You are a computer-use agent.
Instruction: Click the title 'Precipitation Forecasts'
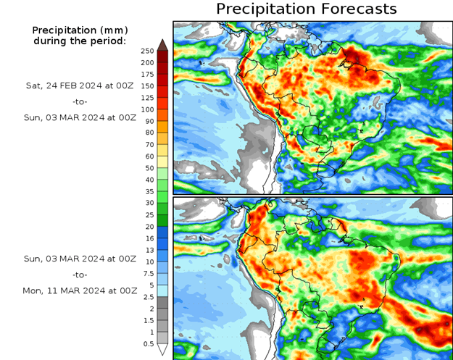click(x=307, y=9)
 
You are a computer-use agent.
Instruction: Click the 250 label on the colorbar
click(x=147, y=51)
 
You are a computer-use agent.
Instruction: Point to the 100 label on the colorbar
click(x=147, y=109)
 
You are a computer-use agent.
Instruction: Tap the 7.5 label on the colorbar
click(x=147, y=273)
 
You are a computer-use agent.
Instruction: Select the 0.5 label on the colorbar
click(x=147, y=343)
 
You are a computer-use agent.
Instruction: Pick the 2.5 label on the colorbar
click(x=147, y=296)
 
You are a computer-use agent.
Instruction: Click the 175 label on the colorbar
click(x=147, y=74)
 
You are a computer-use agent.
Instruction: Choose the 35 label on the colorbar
click(x=148, y=191)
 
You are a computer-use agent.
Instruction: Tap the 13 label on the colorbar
click(x=148, y=250)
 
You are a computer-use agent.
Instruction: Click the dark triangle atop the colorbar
click(x=163, y=45)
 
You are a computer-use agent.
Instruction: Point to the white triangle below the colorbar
click(x=163, y=349)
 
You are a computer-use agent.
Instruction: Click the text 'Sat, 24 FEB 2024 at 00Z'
click(x=80, y=85)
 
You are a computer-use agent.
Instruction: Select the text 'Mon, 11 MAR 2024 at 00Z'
click(x=80, y=290)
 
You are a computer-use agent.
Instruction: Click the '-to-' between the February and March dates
click(x=80, y=101)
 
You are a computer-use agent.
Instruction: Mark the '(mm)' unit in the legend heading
click(x=113, y=30)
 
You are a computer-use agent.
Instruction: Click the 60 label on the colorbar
click(x=148, y=156)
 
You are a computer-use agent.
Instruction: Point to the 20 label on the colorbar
click(x=148, y=226)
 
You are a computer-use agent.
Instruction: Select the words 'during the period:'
click(x=80, y=41)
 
